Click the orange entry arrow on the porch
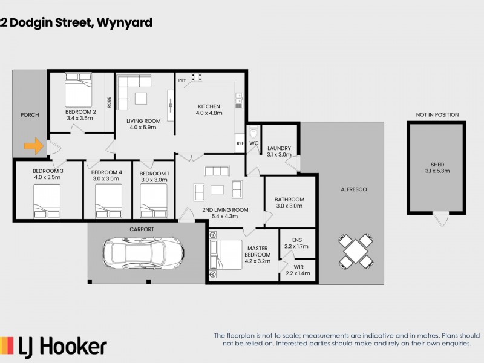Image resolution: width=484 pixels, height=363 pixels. (x=33, y=145)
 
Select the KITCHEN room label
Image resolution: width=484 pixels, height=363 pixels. (x=208, y=106)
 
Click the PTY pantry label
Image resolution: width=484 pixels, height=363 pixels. (x=181, y=80)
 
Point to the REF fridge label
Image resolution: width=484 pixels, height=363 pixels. (x=240, y=143)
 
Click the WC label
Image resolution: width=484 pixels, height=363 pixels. (x=254, y=143)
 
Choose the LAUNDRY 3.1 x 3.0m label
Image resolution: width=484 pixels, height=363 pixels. (x=279, y=151)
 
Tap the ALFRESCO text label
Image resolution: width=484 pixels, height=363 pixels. (x=353, y=189)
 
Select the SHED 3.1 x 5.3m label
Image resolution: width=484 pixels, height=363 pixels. (x=437, y=168)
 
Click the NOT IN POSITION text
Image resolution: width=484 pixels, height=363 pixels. (x=437, y=114)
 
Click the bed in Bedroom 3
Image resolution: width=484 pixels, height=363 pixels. (x=47, y=200)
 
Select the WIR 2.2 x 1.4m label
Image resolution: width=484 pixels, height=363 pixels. (x=296, y=270)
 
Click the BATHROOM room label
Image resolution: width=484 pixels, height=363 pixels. (x=289, y=203)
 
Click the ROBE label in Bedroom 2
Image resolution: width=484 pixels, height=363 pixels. (x=109, y=102)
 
